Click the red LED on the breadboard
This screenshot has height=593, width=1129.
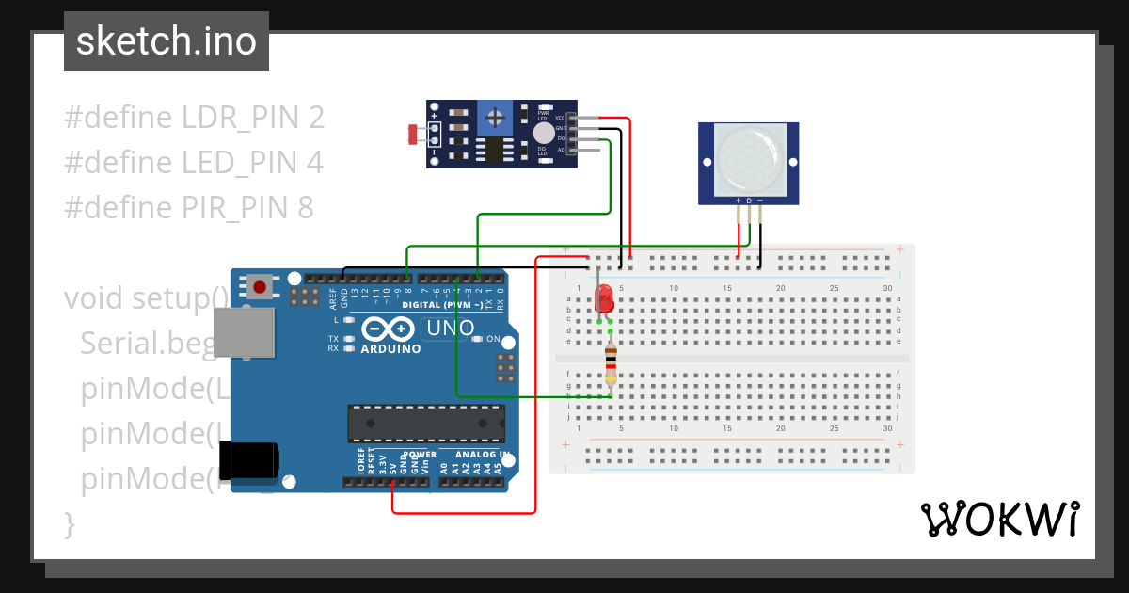(605, 298)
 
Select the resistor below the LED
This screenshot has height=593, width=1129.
(611, 365)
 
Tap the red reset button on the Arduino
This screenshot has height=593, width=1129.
(260, 286)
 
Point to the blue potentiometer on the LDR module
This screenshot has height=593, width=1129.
(494, 118)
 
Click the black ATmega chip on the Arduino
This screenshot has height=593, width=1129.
(425, 424)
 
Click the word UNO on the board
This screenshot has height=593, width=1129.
(450, 329)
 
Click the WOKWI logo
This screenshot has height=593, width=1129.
(999, 519)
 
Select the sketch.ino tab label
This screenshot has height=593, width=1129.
(167, 41)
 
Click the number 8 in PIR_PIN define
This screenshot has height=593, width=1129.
(305, 207)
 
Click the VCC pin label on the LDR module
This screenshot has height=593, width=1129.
(559, 118)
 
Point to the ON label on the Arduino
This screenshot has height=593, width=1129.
(491, 339)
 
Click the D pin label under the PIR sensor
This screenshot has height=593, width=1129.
(749, 200)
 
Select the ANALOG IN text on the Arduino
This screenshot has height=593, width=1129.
(483, 454)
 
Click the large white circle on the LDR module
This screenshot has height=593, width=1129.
(544, 135)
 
